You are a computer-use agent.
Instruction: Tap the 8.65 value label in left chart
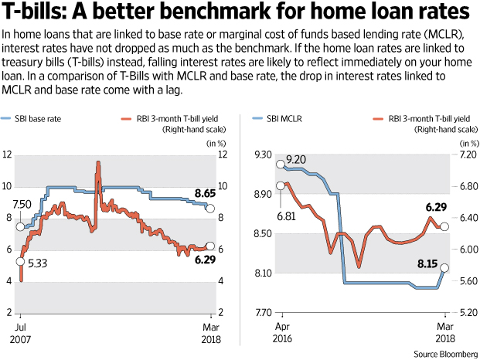click(204, 192)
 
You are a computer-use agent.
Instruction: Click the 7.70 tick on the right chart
click(263, 313)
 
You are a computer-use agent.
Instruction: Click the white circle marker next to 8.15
click(443, 269)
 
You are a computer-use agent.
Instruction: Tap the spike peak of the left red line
click(98, 162)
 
